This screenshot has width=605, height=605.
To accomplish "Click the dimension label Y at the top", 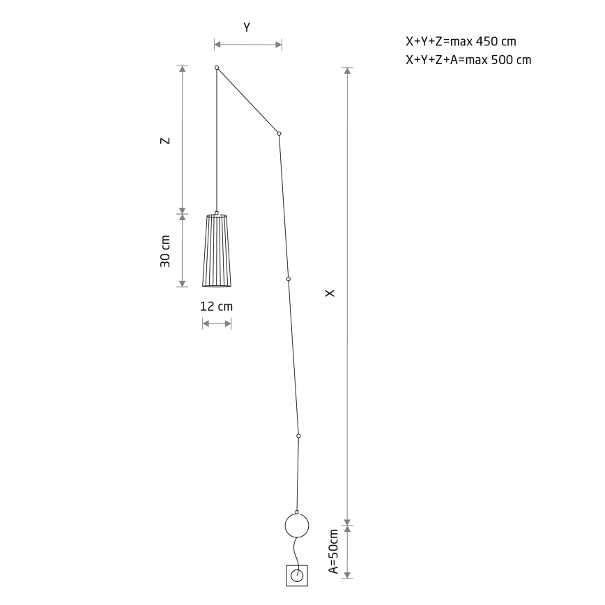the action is tap(247, 27).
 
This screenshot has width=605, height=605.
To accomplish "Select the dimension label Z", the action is tap(164, 141).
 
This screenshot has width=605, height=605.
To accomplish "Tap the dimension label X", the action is tap(330, 293).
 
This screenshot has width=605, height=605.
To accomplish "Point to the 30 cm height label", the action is tap(164, 251).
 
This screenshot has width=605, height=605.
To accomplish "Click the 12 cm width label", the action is tap(216, 307).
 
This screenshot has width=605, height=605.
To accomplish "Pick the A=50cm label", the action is tap(333, 551).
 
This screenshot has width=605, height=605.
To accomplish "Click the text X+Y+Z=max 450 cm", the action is tap(461, 41).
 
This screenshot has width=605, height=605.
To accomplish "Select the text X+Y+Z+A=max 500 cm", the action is tap(468, 60).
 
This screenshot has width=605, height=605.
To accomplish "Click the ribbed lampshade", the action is tap(217, 251).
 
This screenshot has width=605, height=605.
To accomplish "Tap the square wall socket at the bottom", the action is tap(297, 576).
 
